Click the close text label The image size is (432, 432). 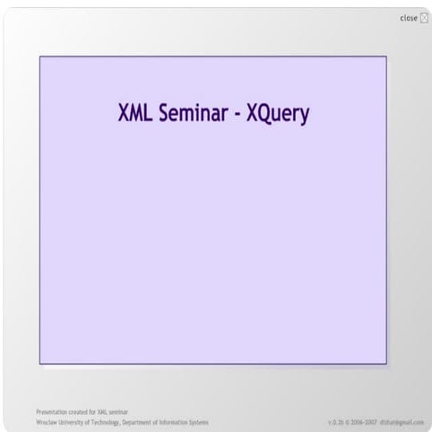(408, 18)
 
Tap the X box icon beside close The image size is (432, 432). (423, 18)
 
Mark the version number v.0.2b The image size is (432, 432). (337, 421)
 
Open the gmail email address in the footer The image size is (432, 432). (403, 421)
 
